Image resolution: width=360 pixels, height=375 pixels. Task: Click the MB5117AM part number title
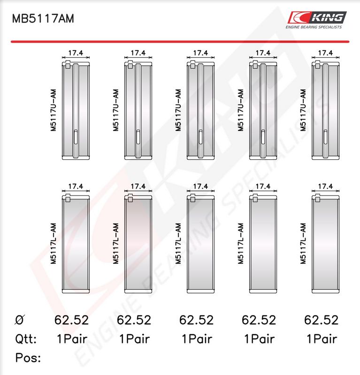tap(43, 19)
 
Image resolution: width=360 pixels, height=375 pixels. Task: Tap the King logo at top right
tap(317, 17)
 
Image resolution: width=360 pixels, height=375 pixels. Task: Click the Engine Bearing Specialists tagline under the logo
tap(314, 27)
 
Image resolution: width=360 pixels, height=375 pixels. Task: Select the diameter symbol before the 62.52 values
tap(20, 320)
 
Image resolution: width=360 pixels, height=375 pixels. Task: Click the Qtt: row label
tap(26, 339)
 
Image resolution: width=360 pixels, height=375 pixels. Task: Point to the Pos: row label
tap(28, 358)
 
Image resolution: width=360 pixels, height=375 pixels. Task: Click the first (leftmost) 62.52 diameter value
tap(71, 320)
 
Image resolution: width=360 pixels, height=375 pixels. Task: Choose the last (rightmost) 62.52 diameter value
tap(321, 320)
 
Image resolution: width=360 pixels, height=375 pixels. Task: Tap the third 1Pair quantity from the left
tap(197, 339)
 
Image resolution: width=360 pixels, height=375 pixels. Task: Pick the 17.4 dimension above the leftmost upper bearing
tap(76, 53)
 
